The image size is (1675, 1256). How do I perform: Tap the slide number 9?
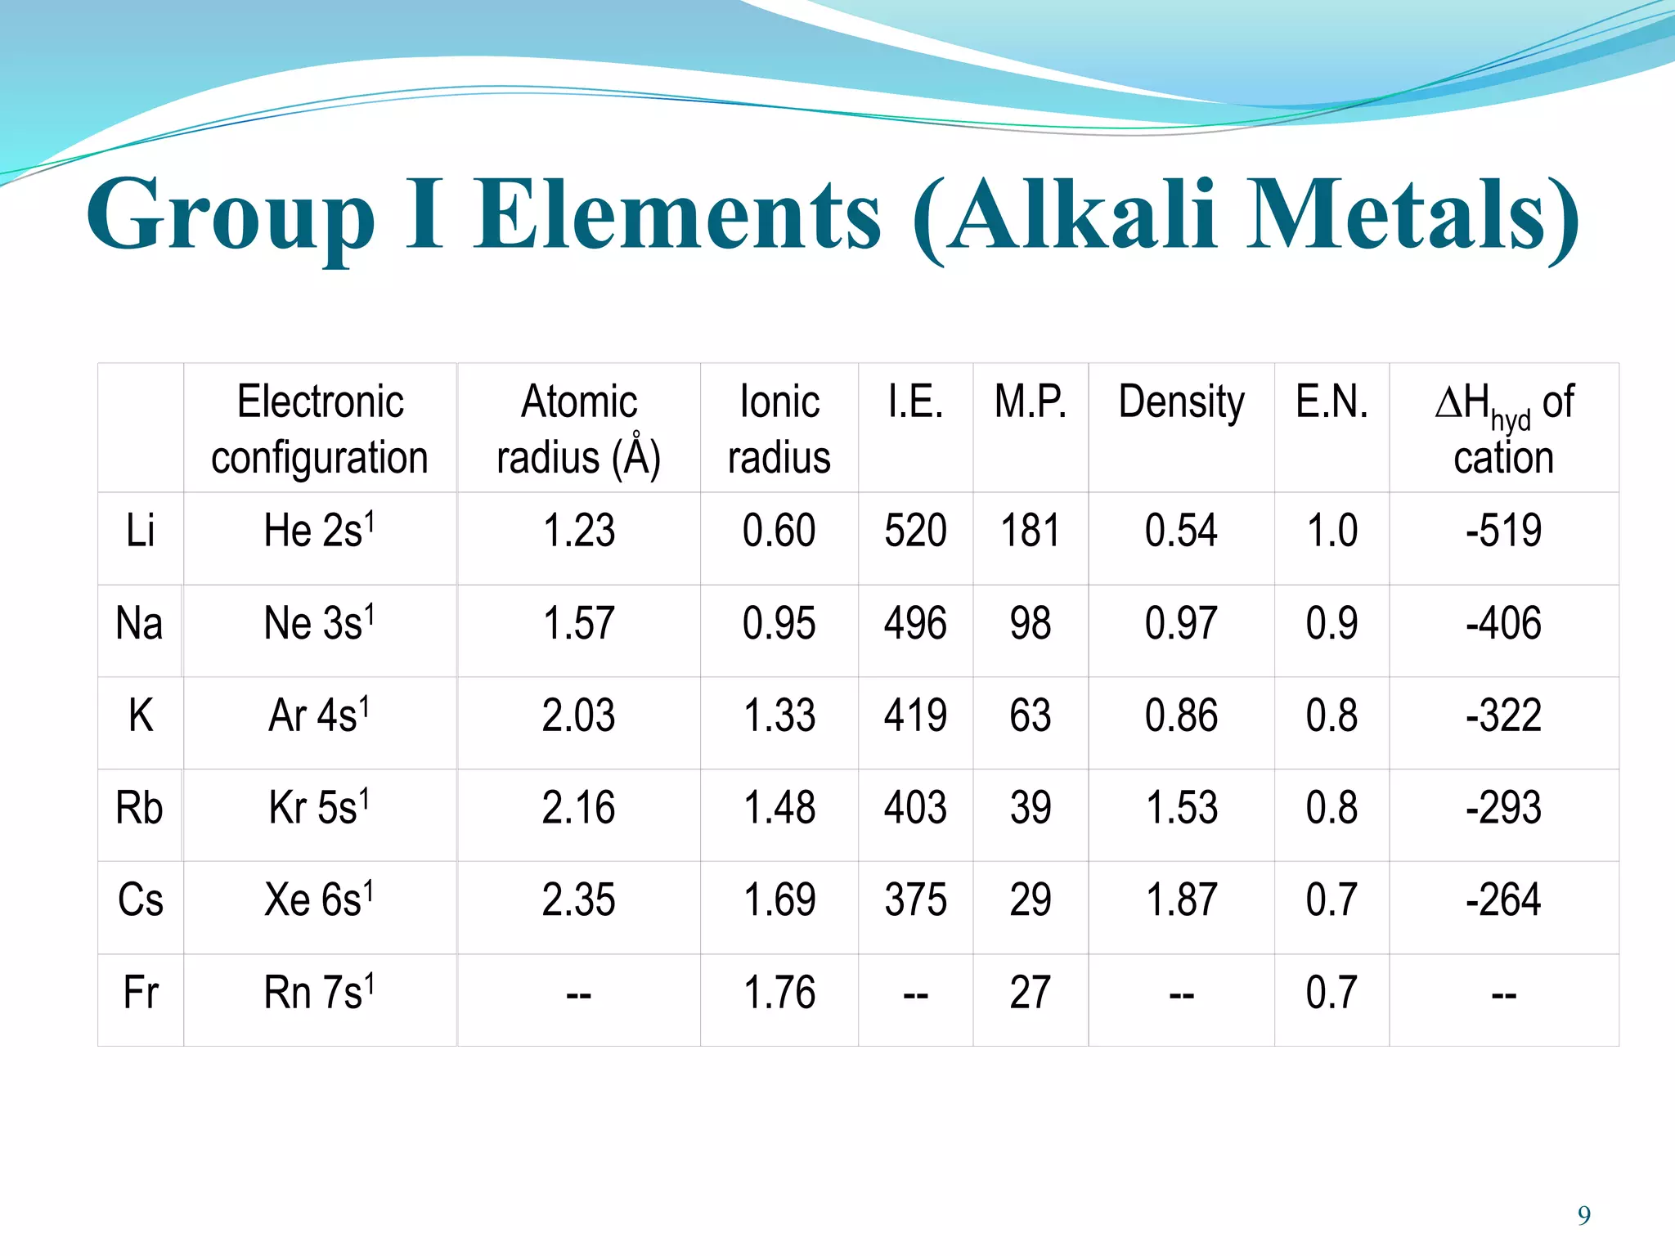[1584, 1216]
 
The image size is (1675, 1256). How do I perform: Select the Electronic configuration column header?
[320, 428]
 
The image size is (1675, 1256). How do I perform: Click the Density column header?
[1181, 402]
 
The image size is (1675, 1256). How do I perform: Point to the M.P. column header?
[1030, 402]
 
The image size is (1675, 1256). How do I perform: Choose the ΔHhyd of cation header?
[1503, 428]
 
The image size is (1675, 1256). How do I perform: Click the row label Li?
[140, 531]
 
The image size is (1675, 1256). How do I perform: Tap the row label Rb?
[139, 808]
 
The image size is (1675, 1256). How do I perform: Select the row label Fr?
[140, 993]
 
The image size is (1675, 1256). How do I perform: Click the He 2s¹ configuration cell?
[319, 530]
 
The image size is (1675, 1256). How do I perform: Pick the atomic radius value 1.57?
[578, 623]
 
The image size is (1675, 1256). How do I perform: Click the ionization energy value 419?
[915, 715]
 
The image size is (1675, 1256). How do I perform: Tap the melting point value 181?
[1030, 531]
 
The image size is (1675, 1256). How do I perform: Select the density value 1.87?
[1181, 900]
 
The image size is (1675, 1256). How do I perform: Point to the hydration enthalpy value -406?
[1503, 623]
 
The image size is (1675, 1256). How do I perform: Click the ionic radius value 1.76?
[779, 993]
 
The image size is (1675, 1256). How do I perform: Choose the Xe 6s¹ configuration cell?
[319, 899]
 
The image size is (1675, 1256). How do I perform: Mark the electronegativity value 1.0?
[1331, 531]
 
